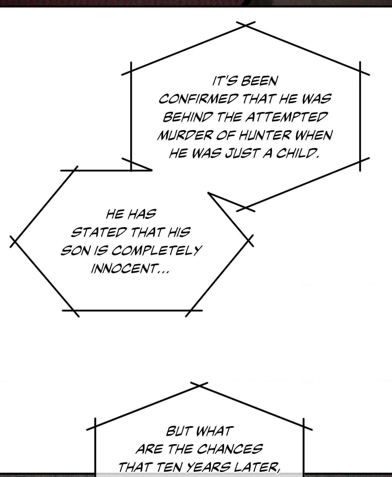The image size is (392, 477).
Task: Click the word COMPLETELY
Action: (x=157, y=250)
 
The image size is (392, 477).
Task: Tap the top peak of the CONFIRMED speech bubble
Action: (x=246, y=25)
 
